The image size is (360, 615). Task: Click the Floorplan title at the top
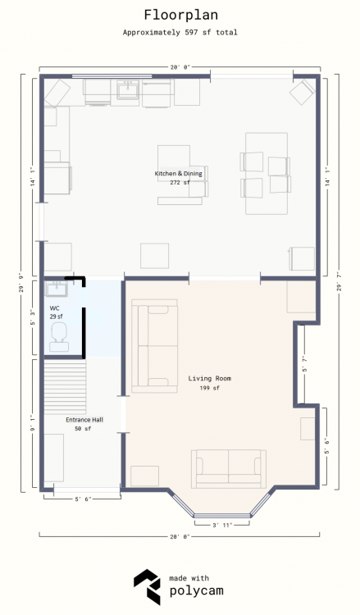[180, 16]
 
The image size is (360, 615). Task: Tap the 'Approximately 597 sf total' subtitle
[180, 33]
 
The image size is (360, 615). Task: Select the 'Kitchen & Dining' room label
[179, 173]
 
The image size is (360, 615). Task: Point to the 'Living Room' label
[209, 379]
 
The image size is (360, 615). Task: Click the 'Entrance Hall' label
[84, 420]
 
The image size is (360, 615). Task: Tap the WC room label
[54, 308]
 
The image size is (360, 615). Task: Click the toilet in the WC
[59, 337]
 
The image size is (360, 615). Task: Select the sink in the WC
[57, 289]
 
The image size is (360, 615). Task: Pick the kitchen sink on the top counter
[127, 90]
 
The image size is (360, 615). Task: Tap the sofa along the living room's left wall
[154, 346]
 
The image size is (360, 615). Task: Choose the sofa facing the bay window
[229, 469]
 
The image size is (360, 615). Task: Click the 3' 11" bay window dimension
[222, 525]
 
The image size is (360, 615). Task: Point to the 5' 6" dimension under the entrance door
[83, 499]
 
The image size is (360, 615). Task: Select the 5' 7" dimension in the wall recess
[305, 363]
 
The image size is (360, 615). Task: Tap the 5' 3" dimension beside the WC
[34, 317]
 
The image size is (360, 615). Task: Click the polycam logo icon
[147, 587]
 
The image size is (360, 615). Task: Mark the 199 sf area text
[209, 389]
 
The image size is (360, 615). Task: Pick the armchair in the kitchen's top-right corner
[303, 93]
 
